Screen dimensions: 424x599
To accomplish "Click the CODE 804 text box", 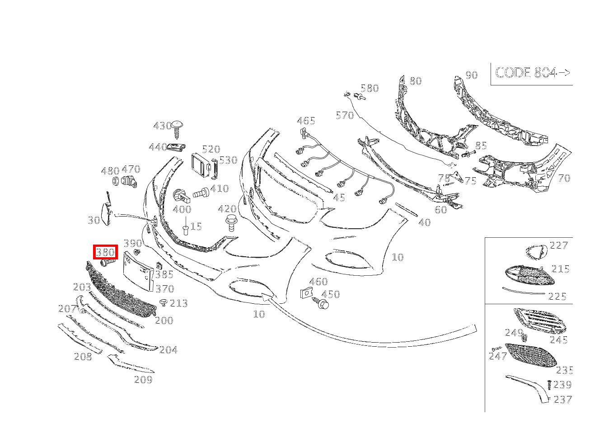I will pos(532,73).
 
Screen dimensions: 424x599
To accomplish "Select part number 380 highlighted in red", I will pos(105,252).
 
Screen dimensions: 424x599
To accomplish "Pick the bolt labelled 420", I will pos(231,223).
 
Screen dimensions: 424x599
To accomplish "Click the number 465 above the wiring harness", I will pos(306,121).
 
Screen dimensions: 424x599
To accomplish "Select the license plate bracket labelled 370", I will pos(137,272).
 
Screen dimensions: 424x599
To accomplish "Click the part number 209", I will pos(143,380).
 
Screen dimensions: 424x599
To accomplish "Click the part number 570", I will pos(345,115).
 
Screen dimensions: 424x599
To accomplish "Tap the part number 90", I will pos(471,75).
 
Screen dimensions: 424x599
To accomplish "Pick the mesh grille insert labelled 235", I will pos(531,355).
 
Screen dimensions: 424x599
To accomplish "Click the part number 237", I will pos(562,400).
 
